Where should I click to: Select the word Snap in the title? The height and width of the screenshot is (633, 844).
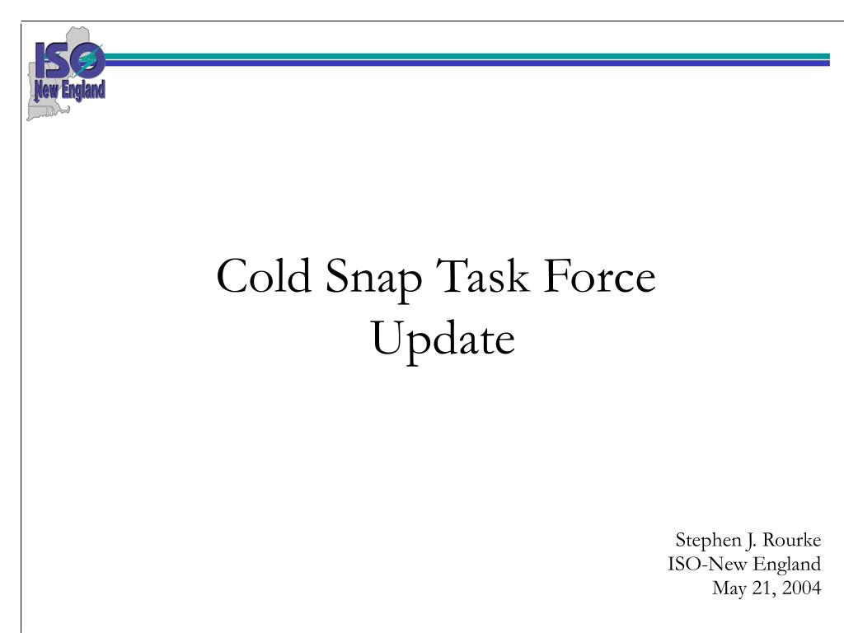[x=373, y=279]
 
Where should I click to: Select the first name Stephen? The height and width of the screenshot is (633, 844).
[x=708, y=541]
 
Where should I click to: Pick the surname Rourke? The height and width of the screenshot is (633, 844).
[x=792, y=539]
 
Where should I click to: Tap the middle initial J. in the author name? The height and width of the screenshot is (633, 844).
[x=751, y=541]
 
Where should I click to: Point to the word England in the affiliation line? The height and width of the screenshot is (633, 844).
[x=786, y=565]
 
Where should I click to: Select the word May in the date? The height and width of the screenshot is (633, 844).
[x=729, y=588]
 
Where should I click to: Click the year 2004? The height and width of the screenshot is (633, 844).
[x=801, y=587]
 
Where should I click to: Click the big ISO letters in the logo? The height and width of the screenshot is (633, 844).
[x=69, y=59]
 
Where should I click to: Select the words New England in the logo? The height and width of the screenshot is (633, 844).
[x=69, y=90]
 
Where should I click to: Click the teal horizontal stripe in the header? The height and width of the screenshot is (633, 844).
[x=467, y=56]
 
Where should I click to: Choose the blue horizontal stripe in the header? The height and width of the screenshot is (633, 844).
[x=467, y=63]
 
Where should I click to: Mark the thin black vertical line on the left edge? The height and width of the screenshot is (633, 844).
[x=21, y=327]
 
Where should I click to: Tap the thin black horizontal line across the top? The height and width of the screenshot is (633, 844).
[x=432, y=21]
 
